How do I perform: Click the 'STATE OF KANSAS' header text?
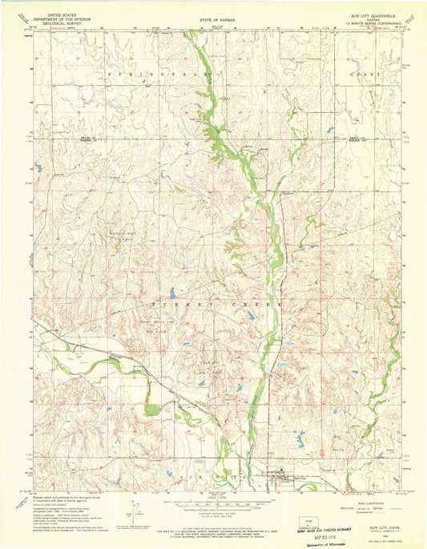pyautogui.click(x=212, y=17)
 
